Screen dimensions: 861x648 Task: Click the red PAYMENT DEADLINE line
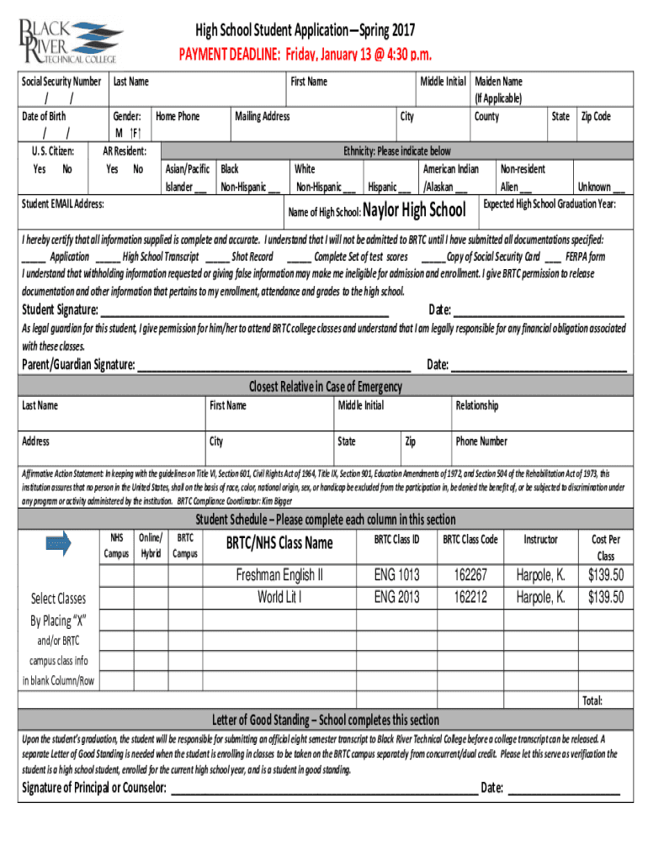tap(305, 55)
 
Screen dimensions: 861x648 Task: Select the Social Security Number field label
tap(62, 82)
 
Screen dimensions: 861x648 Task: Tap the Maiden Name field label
tap(498, 82)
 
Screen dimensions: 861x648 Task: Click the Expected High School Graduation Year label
tap(550, 204)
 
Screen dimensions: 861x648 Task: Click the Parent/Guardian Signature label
tap(77, 364)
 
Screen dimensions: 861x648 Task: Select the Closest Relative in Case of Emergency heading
tap(324, 387)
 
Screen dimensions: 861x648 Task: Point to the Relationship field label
tap(476, 405)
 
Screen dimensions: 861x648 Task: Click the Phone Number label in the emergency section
tap(481, 441)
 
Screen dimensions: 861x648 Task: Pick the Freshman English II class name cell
tap(279, 575)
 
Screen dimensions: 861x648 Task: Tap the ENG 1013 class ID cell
tap(396, 575)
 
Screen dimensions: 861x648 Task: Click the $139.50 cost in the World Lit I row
tap(605, 597)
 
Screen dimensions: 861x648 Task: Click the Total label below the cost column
tap(592, 700)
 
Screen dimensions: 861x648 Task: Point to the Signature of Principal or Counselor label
tap(93, 788)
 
